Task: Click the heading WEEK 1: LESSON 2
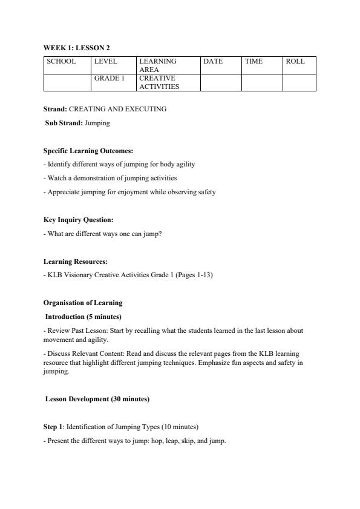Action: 76,47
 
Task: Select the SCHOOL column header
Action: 61,61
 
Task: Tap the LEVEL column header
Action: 105,61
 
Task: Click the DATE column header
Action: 213,61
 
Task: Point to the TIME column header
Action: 254,61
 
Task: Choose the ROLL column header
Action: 295,61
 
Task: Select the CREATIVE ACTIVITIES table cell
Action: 159,82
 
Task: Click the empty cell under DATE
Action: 221,82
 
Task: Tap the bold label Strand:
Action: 55,109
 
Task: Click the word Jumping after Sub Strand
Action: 97,123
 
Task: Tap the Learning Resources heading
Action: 76,261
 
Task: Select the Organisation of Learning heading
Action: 82,303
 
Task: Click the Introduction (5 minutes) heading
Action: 83,317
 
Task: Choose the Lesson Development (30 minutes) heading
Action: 97,399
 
